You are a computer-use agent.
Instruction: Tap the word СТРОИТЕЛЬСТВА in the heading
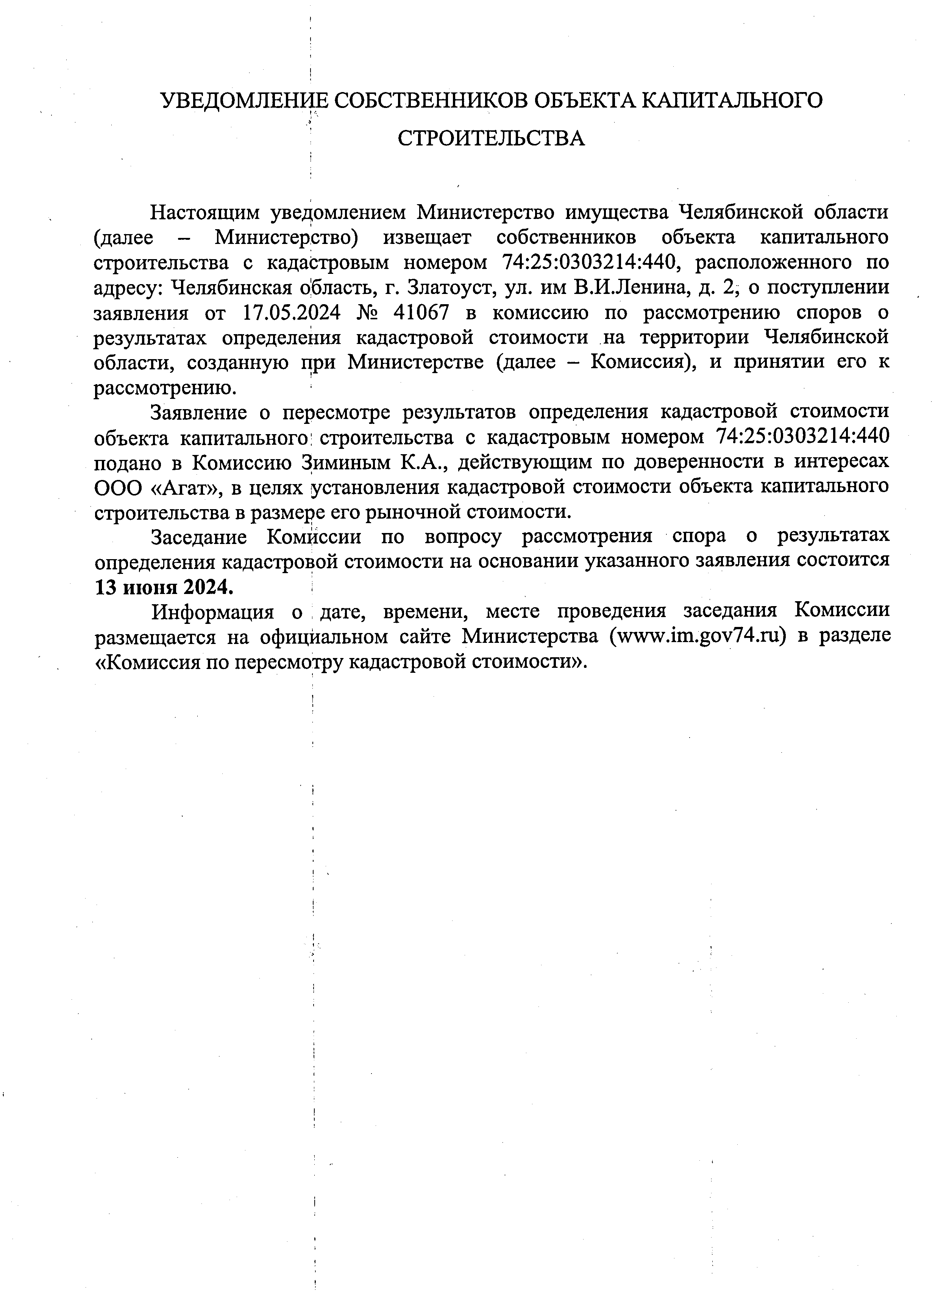click(x=491, y=138)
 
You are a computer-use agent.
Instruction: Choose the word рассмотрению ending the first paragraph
click(x=164, y=388)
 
